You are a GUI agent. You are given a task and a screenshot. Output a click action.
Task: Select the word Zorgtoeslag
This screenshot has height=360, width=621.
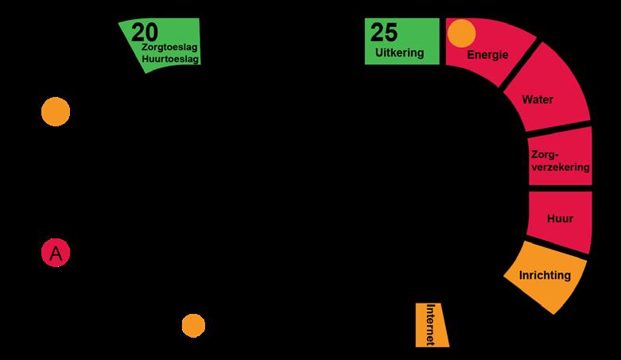(169, 48)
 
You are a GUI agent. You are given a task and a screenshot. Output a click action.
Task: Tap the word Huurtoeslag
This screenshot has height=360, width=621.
(170, 59)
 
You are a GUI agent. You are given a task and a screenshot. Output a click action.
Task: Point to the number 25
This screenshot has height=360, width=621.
(384, 33)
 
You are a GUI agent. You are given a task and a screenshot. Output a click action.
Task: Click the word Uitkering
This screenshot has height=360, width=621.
(401, 53)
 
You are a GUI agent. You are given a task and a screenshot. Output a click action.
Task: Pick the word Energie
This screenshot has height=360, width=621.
(487, 55)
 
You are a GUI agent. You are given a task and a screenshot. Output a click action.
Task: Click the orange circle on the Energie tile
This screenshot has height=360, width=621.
(461, 33)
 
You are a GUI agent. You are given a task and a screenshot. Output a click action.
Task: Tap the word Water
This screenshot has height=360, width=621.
(537, 100)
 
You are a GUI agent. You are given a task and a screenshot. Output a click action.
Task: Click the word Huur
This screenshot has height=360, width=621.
(560, 218)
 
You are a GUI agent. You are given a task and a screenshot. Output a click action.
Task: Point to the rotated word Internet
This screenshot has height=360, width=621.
(430, 324)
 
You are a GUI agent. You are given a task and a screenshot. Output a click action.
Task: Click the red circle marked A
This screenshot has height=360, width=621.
(56, 254)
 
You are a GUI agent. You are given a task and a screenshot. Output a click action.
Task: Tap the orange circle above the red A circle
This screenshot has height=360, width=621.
(56, 112)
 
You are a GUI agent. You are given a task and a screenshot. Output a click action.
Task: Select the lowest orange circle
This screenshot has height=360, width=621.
(193, 326)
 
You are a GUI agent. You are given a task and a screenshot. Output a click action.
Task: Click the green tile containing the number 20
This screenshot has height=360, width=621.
(163, 44)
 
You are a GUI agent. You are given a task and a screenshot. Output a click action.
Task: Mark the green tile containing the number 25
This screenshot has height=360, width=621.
(402, 41)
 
